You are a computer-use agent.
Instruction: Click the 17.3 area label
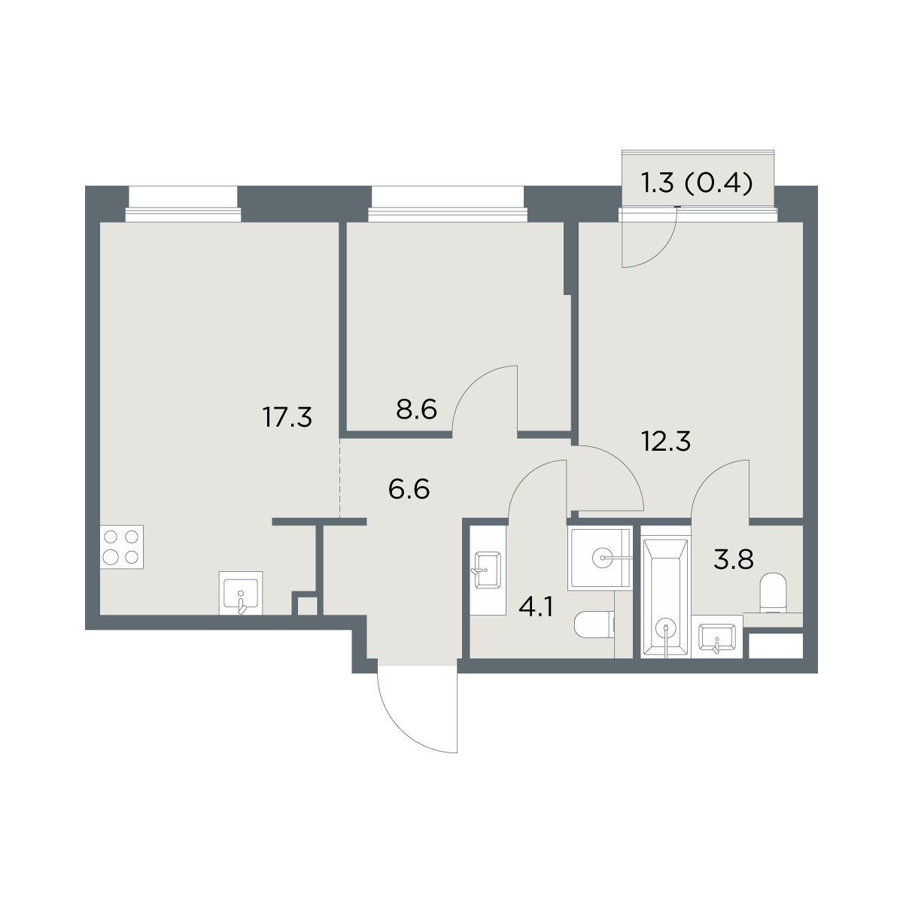click(x=287, y=417)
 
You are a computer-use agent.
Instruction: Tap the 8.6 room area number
click(x=417, y=409)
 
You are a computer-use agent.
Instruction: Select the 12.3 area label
click(x=666, y=442)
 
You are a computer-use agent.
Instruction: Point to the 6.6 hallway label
click(x=409, y=490)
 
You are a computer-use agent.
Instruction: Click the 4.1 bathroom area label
click(x=536, y=609)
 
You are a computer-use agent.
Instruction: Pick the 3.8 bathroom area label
click(x=734, y=560)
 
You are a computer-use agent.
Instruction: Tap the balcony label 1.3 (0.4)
click(x=697, y=184)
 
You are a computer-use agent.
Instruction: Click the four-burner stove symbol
click(x=121, y=547)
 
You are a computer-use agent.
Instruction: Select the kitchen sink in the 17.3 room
click(x=241, y=593)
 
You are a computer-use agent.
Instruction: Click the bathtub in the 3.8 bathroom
click(x=666, y=592)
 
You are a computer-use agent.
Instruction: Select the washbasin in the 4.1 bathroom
click(x=488, y=570)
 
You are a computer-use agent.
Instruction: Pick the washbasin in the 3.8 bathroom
click(x=717, y=638)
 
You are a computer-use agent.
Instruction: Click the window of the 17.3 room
click(x=183, y=204)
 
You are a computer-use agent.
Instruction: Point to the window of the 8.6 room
click(x=448, y=204)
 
